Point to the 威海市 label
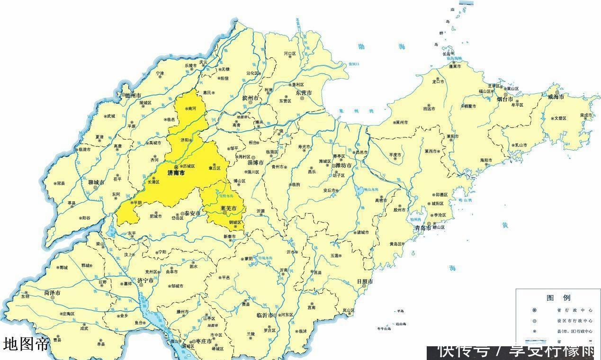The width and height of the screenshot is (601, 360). [x=556, y=97]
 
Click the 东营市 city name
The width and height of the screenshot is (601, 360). [x=303, y=93]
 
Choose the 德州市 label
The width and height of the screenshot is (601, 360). [x=133, y=95]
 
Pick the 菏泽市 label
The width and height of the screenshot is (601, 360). [x=52, y=293]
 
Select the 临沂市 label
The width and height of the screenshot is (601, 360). [x=265, y=315]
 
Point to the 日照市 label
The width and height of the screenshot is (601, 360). [x=365, y=281]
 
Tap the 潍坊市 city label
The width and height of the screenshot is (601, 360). [x=345, y=166]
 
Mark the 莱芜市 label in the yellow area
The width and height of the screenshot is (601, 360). [x=229, y=208]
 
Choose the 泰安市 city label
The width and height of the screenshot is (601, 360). [x=193, y=214]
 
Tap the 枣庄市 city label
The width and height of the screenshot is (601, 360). [x=206, y=342]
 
